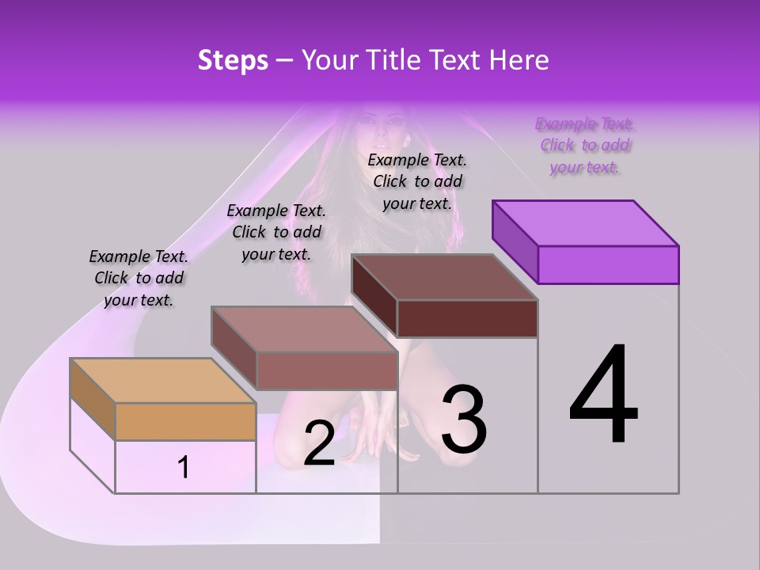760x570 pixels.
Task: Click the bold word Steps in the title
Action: pyautogui.click(x=233, y=60)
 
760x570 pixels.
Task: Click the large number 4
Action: pyautogui.click(x=603, y=396)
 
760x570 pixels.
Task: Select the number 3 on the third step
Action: pyautogui.click(x=464, y=420)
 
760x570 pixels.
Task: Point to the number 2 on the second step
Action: pyautogui.click(x=319, y=444)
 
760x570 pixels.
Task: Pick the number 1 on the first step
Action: pyautogui.click(x=184, y=468)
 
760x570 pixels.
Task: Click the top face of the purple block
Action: pyautogui.click(x=585, y=222)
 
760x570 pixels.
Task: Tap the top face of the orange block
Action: pyautogui.click(x=162, y=380)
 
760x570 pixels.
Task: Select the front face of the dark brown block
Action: pyautogui.click(x=467, y=318)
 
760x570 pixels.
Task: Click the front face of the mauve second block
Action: pyautogui.click(x=326, y=370)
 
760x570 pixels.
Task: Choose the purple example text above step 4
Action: pyautogui.click(x=585, y=146)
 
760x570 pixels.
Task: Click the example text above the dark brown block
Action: pyautogui.click(x=417, y=181)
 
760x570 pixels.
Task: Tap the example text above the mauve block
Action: pyautogui.click(x=276, y=232)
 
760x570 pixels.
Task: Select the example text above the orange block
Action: pyautogui.click(x=139, y=278)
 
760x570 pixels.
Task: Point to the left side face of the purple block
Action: pyautogui.click(x=515, y=239)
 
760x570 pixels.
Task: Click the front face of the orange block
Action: pyautogui.click(x=185, y=421)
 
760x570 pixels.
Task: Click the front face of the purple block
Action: pyautogui.click(x=608, y=264)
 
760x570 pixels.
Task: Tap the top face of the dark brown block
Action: pyautogui.click(x=444, y=277)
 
